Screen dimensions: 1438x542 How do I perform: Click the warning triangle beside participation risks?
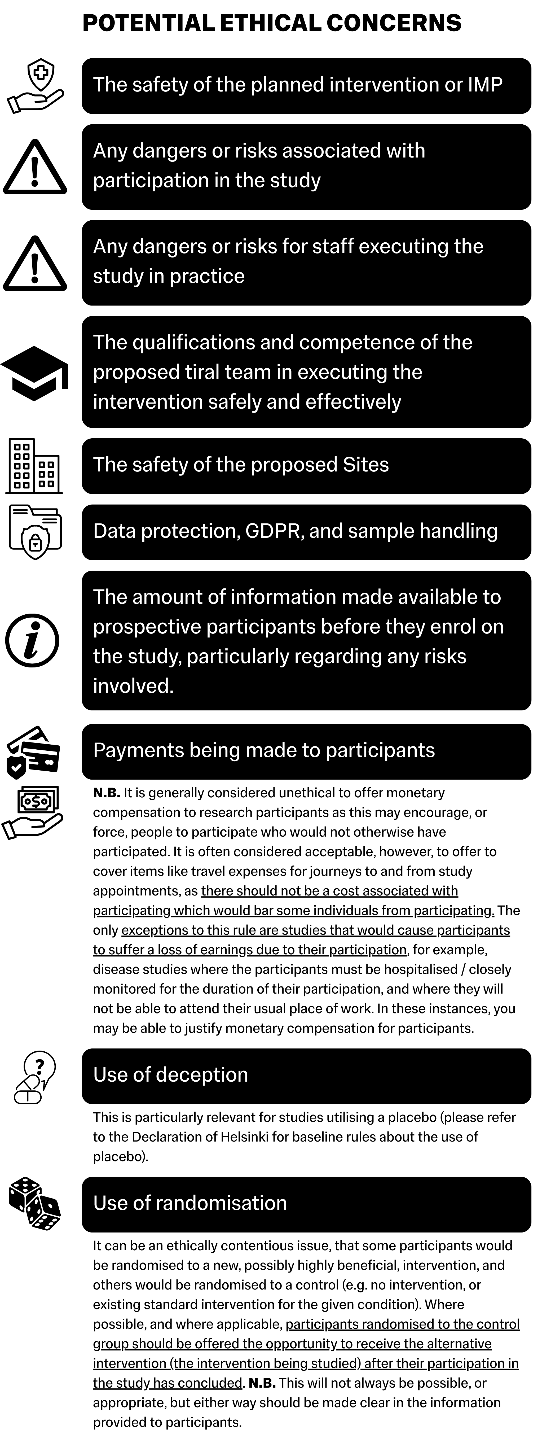[x=35, y=168]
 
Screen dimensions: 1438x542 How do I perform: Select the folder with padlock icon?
[x=35, y=531]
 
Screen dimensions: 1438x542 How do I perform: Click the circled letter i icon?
[x=32, y=640]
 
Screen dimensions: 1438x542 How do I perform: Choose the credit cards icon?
[x=33, y=752]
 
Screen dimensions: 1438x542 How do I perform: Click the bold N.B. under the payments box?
[x=107, y=793]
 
